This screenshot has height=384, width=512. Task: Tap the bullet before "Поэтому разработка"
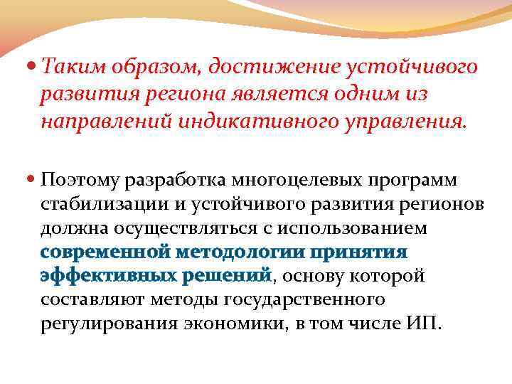click(31, 177)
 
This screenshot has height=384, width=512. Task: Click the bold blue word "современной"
click(105, 252)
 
